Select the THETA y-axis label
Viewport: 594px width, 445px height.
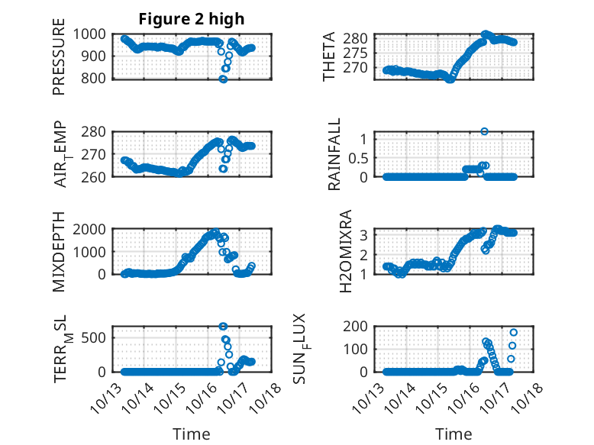pyautogui.click(x=329, y=56)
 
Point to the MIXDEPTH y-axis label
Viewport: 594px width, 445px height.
pyautogui.click(x=59, y=252)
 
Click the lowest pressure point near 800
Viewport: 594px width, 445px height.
pyautogui.click(x=223, y=79)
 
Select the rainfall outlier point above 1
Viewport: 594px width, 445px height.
pyautogui.click(x=484, y=131)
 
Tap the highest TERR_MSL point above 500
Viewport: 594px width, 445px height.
pyautogui.click(x=223, y=327)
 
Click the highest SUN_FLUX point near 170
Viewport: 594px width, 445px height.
pyautogui.click(x=514, y=332)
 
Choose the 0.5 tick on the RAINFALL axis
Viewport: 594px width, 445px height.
pyautogui.click(x=360, y=158)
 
